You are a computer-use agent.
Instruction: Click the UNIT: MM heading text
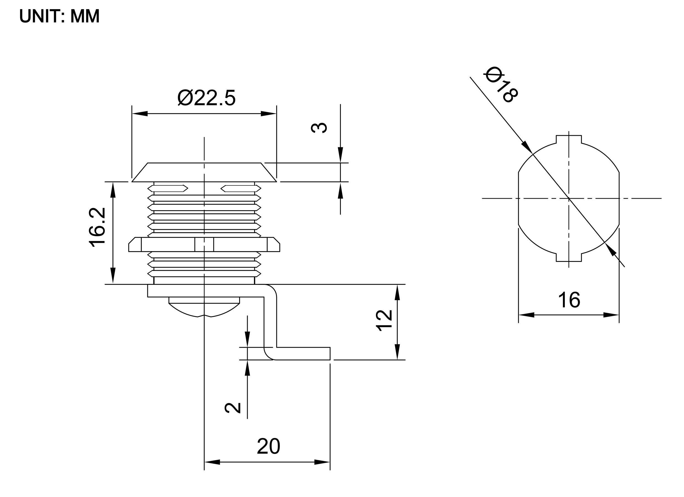pos(59,16)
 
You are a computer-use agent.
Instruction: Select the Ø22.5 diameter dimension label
pos(206,98)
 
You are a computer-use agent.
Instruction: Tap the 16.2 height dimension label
pos(98,227)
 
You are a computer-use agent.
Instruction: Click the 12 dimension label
pos(384,320)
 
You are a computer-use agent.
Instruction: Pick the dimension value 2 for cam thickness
pos(233,408)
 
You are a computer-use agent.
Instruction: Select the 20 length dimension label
pos(268,446)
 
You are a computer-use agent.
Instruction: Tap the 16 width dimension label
pos(569,300)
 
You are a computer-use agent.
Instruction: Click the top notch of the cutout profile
pos(569,139)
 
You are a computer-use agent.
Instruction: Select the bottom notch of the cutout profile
pos(569,257)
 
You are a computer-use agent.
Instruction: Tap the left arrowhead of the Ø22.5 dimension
pos(139,114)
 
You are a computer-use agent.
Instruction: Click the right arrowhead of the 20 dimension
pos(322,462)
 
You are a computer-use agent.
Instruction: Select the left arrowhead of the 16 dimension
pos(526,315)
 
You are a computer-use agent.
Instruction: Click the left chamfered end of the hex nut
pos(135,244)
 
